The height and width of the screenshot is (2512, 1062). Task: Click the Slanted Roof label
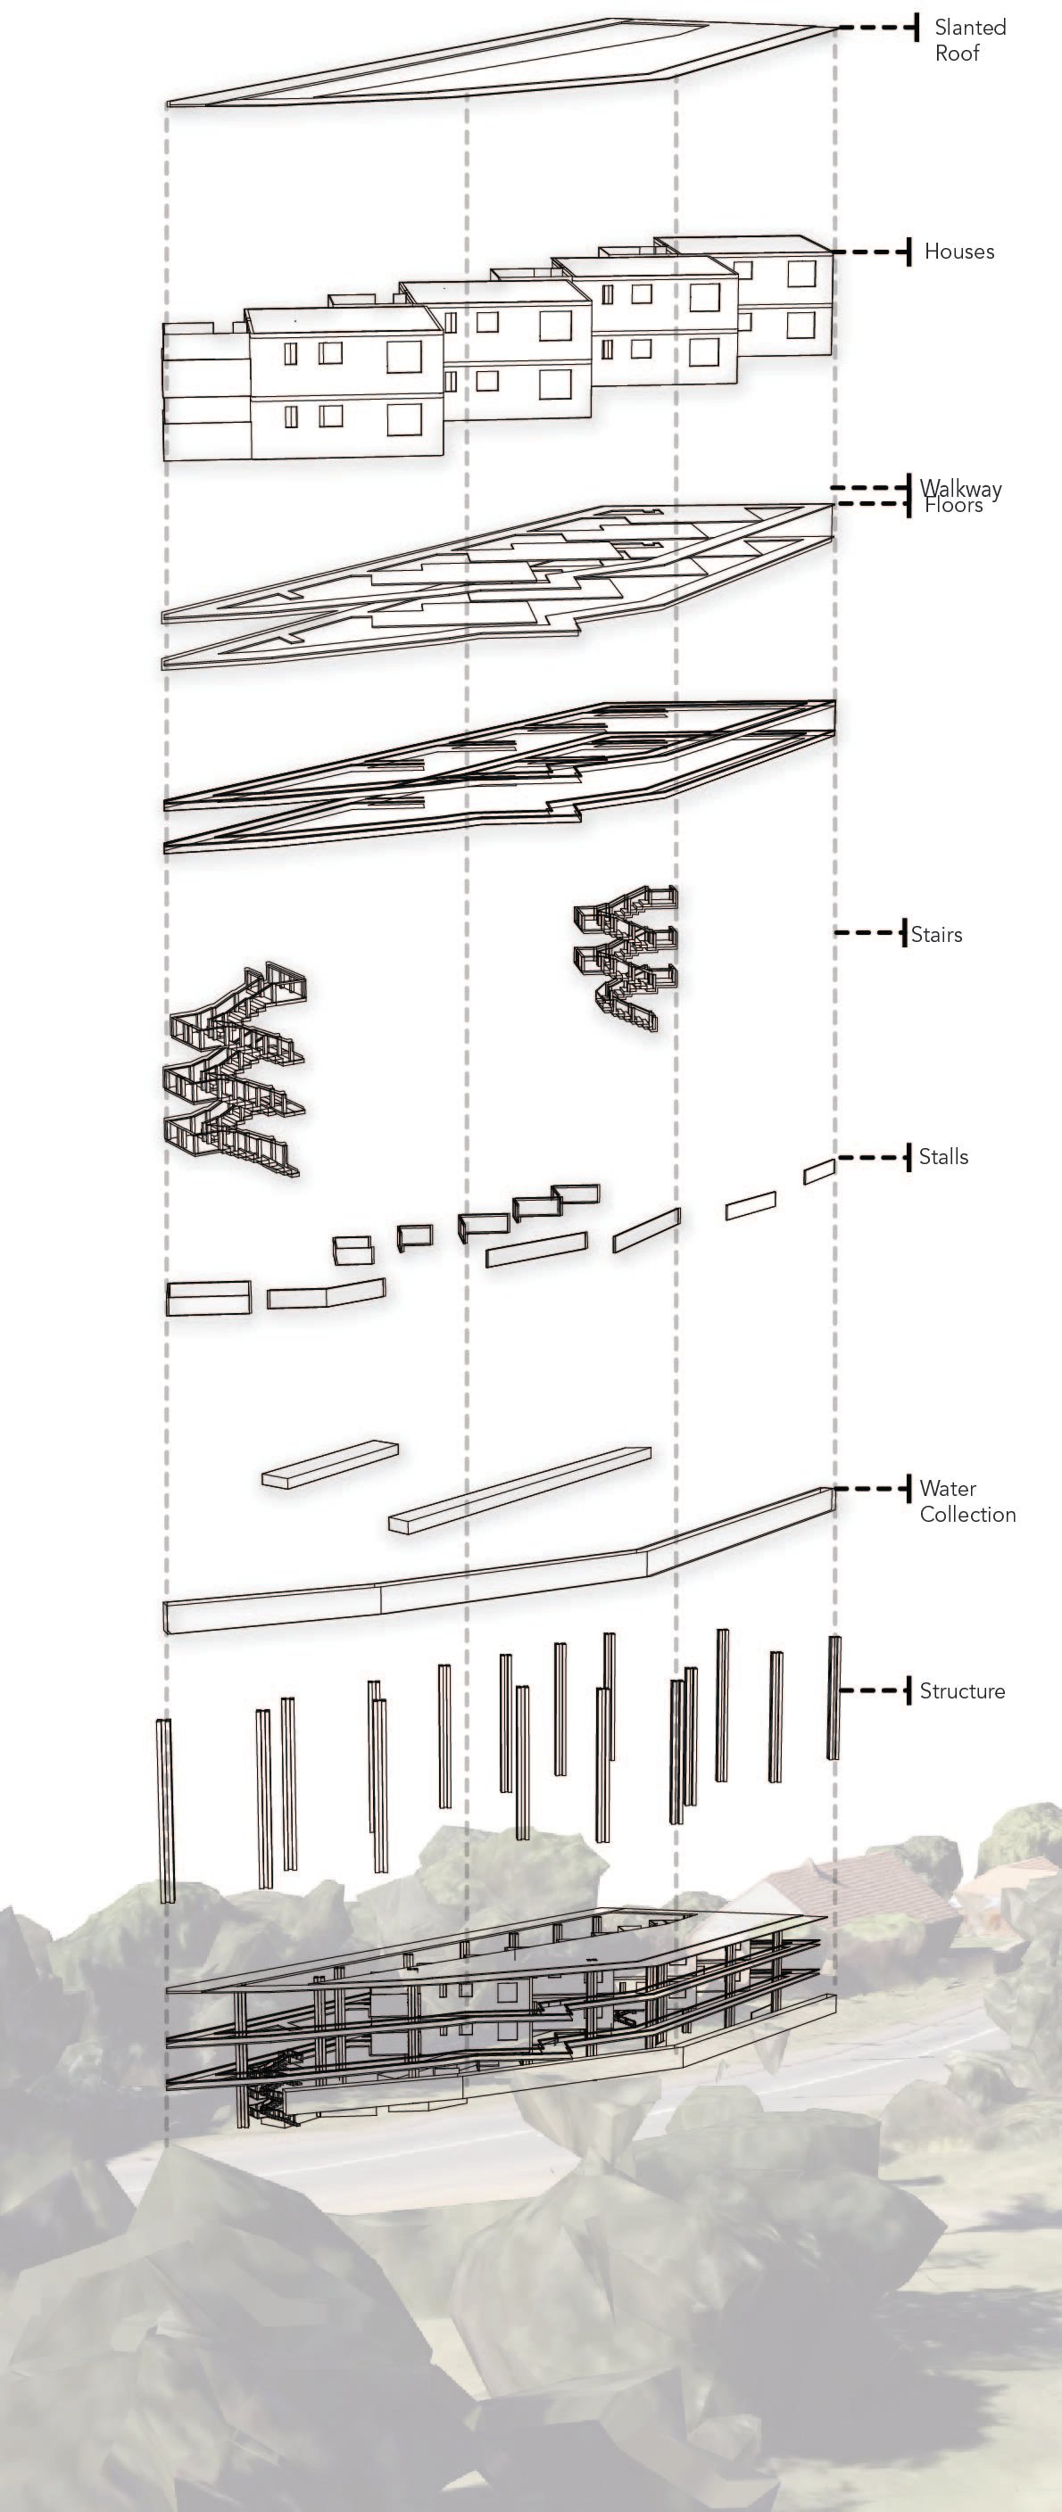[x=969, y=40]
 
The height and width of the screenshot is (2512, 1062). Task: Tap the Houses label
[x=958, y=252]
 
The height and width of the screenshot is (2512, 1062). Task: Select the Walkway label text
[x=960, y=488]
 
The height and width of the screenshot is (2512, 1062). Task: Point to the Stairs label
[x=936, y=934]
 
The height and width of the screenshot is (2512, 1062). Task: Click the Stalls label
[x=943, y=1156]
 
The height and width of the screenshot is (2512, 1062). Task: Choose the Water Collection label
[x=966, y=1500]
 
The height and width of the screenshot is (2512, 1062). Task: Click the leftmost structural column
[x=166, y=1810]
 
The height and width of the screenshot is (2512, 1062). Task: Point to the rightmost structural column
[x=834, y=1697]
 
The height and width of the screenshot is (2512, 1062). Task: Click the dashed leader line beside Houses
[x=873, y=252]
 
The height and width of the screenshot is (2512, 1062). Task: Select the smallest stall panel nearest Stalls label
[x=818, y=1172]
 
